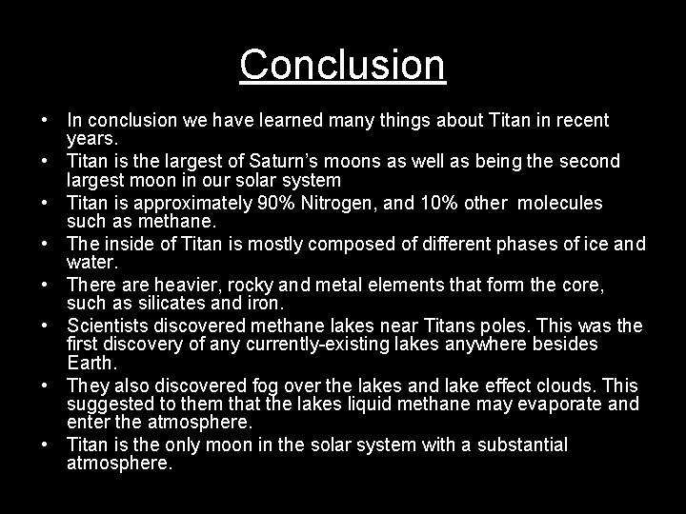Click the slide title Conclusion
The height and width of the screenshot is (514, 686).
(x=343, y=65)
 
